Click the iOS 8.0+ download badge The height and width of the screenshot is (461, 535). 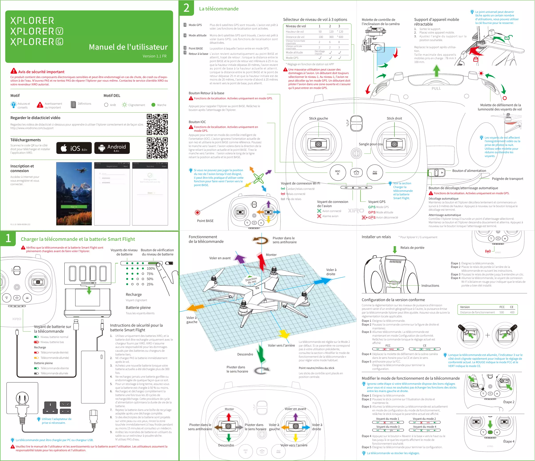74,148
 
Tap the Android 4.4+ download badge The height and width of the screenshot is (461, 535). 112,148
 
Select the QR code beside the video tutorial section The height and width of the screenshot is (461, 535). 157,124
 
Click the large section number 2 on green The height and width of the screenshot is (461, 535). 186,8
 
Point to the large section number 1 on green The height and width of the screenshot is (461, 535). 8,238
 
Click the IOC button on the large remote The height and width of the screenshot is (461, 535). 338,172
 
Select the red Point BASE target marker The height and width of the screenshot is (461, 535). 197,213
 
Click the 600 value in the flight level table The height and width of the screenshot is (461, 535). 341,37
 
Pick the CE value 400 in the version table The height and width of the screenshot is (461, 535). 512,312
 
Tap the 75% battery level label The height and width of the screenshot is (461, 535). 150,274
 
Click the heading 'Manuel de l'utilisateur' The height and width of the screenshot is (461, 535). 128,47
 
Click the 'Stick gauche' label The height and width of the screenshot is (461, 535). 318,118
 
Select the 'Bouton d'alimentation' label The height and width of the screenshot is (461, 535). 469,171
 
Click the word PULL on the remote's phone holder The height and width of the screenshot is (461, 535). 436,88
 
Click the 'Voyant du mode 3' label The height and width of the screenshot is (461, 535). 388,427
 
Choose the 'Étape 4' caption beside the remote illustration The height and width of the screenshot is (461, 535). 509,441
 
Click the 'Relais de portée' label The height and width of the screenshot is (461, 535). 412,248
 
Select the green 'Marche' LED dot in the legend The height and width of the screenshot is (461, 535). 153,105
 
